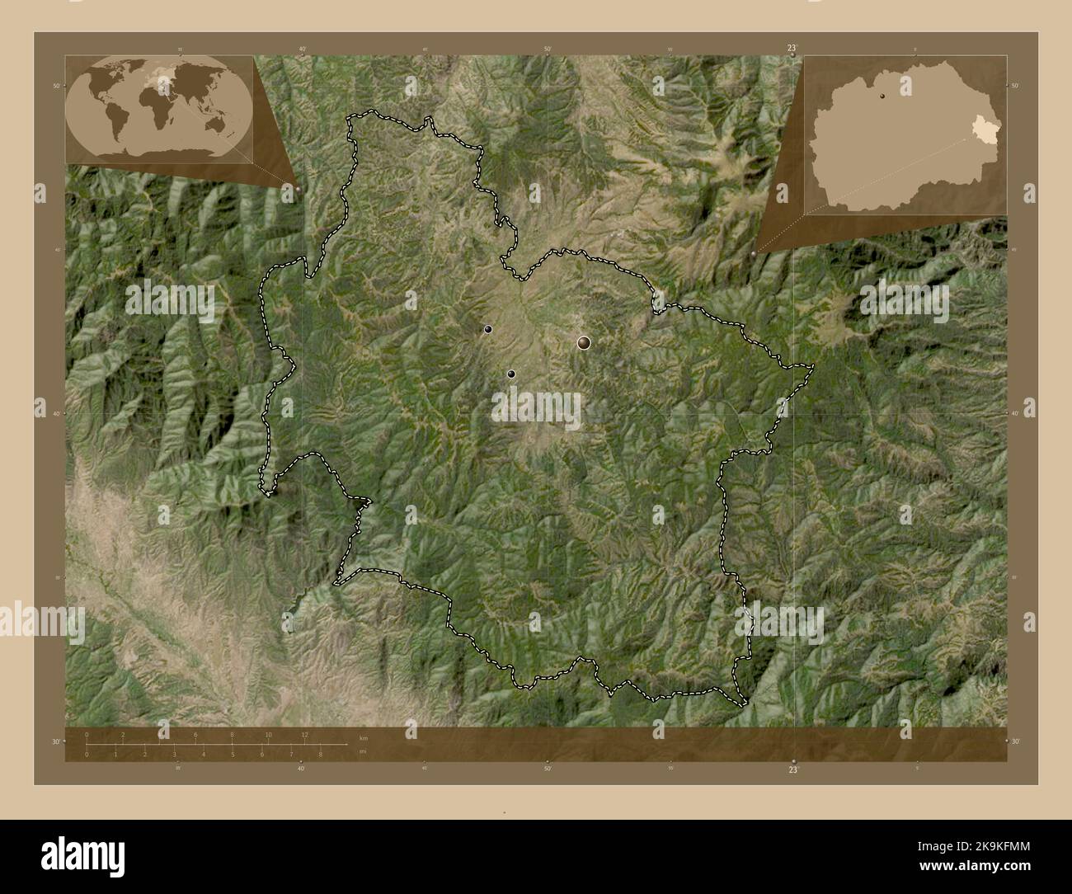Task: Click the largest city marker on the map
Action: pos(584,342)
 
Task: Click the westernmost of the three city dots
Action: pos(489,330)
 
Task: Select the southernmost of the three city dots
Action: pos(511,374)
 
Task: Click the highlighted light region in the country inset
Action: pos(982,129)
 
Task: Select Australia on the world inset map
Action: pos(218,124)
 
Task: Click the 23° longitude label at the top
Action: pos(792,48)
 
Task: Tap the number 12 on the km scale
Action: pos(304,735)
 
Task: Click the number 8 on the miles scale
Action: pos(320,754)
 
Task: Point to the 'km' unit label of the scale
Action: pos(364,737)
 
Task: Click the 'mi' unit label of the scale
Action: pos(363,752)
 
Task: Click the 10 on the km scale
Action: pos(268,735)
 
